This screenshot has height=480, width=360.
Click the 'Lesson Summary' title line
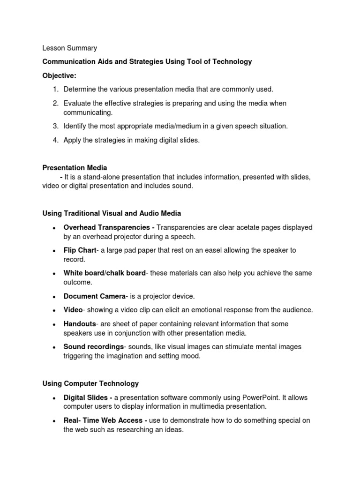[70, 48]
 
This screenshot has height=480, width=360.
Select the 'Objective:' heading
[59, 75]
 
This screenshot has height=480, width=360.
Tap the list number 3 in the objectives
[55, 126]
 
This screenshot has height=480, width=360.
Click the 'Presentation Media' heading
[75, 167]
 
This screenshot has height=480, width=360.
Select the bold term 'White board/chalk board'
[105, 273]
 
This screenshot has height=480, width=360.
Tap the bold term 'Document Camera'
[94, 296]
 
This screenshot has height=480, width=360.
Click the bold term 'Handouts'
[80, 324]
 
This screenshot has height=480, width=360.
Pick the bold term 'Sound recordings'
[93, 347]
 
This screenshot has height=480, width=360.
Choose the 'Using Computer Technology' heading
[90, 383]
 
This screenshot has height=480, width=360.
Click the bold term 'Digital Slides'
[88, 397]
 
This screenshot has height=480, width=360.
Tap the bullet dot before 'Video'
[55, 310]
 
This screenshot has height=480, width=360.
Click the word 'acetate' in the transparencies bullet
[240, 227]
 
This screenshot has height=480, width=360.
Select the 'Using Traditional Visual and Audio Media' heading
[112, 213]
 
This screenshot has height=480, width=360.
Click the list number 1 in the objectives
[55, 89]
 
